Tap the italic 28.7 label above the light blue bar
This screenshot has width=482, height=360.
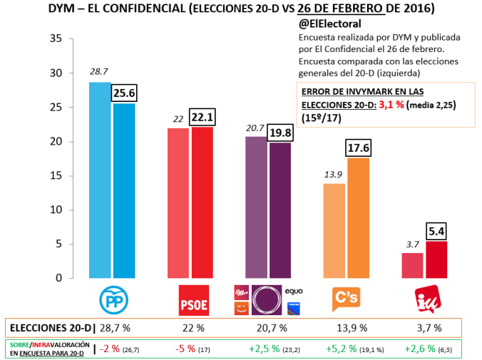pos(98,72)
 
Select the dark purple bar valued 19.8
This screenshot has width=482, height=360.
pos(280,210)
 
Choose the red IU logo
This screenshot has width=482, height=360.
pos(428,299)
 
